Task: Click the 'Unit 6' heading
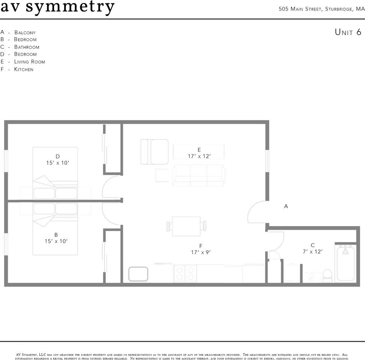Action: [348, 32]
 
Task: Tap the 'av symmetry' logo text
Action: [57, 7]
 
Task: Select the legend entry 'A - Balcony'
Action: [18, 32]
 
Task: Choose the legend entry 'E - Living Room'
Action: [23, 61]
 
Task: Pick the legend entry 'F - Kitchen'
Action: [17, 69]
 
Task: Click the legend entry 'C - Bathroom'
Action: [20, 47]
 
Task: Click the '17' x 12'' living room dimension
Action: [199, 156]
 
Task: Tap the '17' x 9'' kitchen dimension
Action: [201, 252]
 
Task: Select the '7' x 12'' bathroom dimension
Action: [312, 252]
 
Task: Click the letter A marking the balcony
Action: [286, 206]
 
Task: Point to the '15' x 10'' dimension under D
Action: [57, 163]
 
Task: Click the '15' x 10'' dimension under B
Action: [56, 241]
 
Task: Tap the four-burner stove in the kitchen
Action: [185, 273]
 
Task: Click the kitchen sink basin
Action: [138, 274]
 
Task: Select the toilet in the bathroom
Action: [327, 276]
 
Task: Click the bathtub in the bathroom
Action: [345, 263]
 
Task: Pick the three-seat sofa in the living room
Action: [198, 175]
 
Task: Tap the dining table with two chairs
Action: [186, 226]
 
